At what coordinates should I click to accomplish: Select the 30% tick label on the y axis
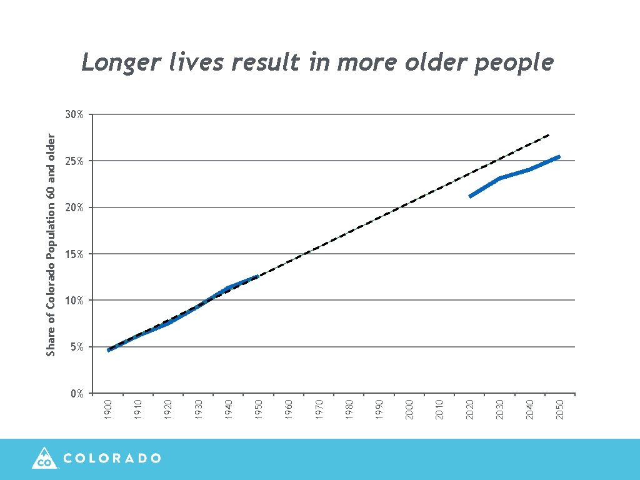coord(74,115)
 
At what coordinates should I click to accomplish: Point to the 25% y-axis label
coord(74,161)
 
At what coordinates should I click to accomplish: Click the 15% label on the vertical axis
coord(74,254)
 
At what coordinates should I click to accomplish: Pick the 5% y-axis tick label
coord(76,347)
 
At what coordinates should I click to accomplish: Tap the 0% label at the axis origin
coord(76,394)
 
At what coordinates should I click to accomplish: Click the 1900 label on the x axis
coord(108,409)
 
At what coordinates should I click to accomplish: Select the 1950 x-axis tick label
coord(259,409)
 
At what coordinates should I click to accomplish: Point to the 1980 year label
coord(349,409)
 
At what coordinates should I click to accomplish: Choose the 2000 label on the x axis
coord(409,409)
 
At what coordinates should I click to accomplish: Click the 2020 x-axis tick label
coord(470,409)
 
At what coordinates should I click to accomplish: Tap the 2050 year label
coord(561,409)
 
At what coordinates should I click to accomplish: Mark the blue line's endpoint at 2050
coord(559,157)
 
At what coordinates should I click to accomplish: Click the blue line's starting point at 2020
coord(470,196)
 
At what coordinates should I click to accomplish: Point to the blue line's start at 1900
coord(109,350)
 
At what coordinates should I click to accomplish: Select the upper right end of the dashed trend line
coord(548,135)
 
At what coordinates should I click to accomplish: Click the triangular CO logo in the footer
coord(44,459)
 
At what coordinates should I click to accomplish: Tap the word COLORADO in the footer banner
coord(112,458)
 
